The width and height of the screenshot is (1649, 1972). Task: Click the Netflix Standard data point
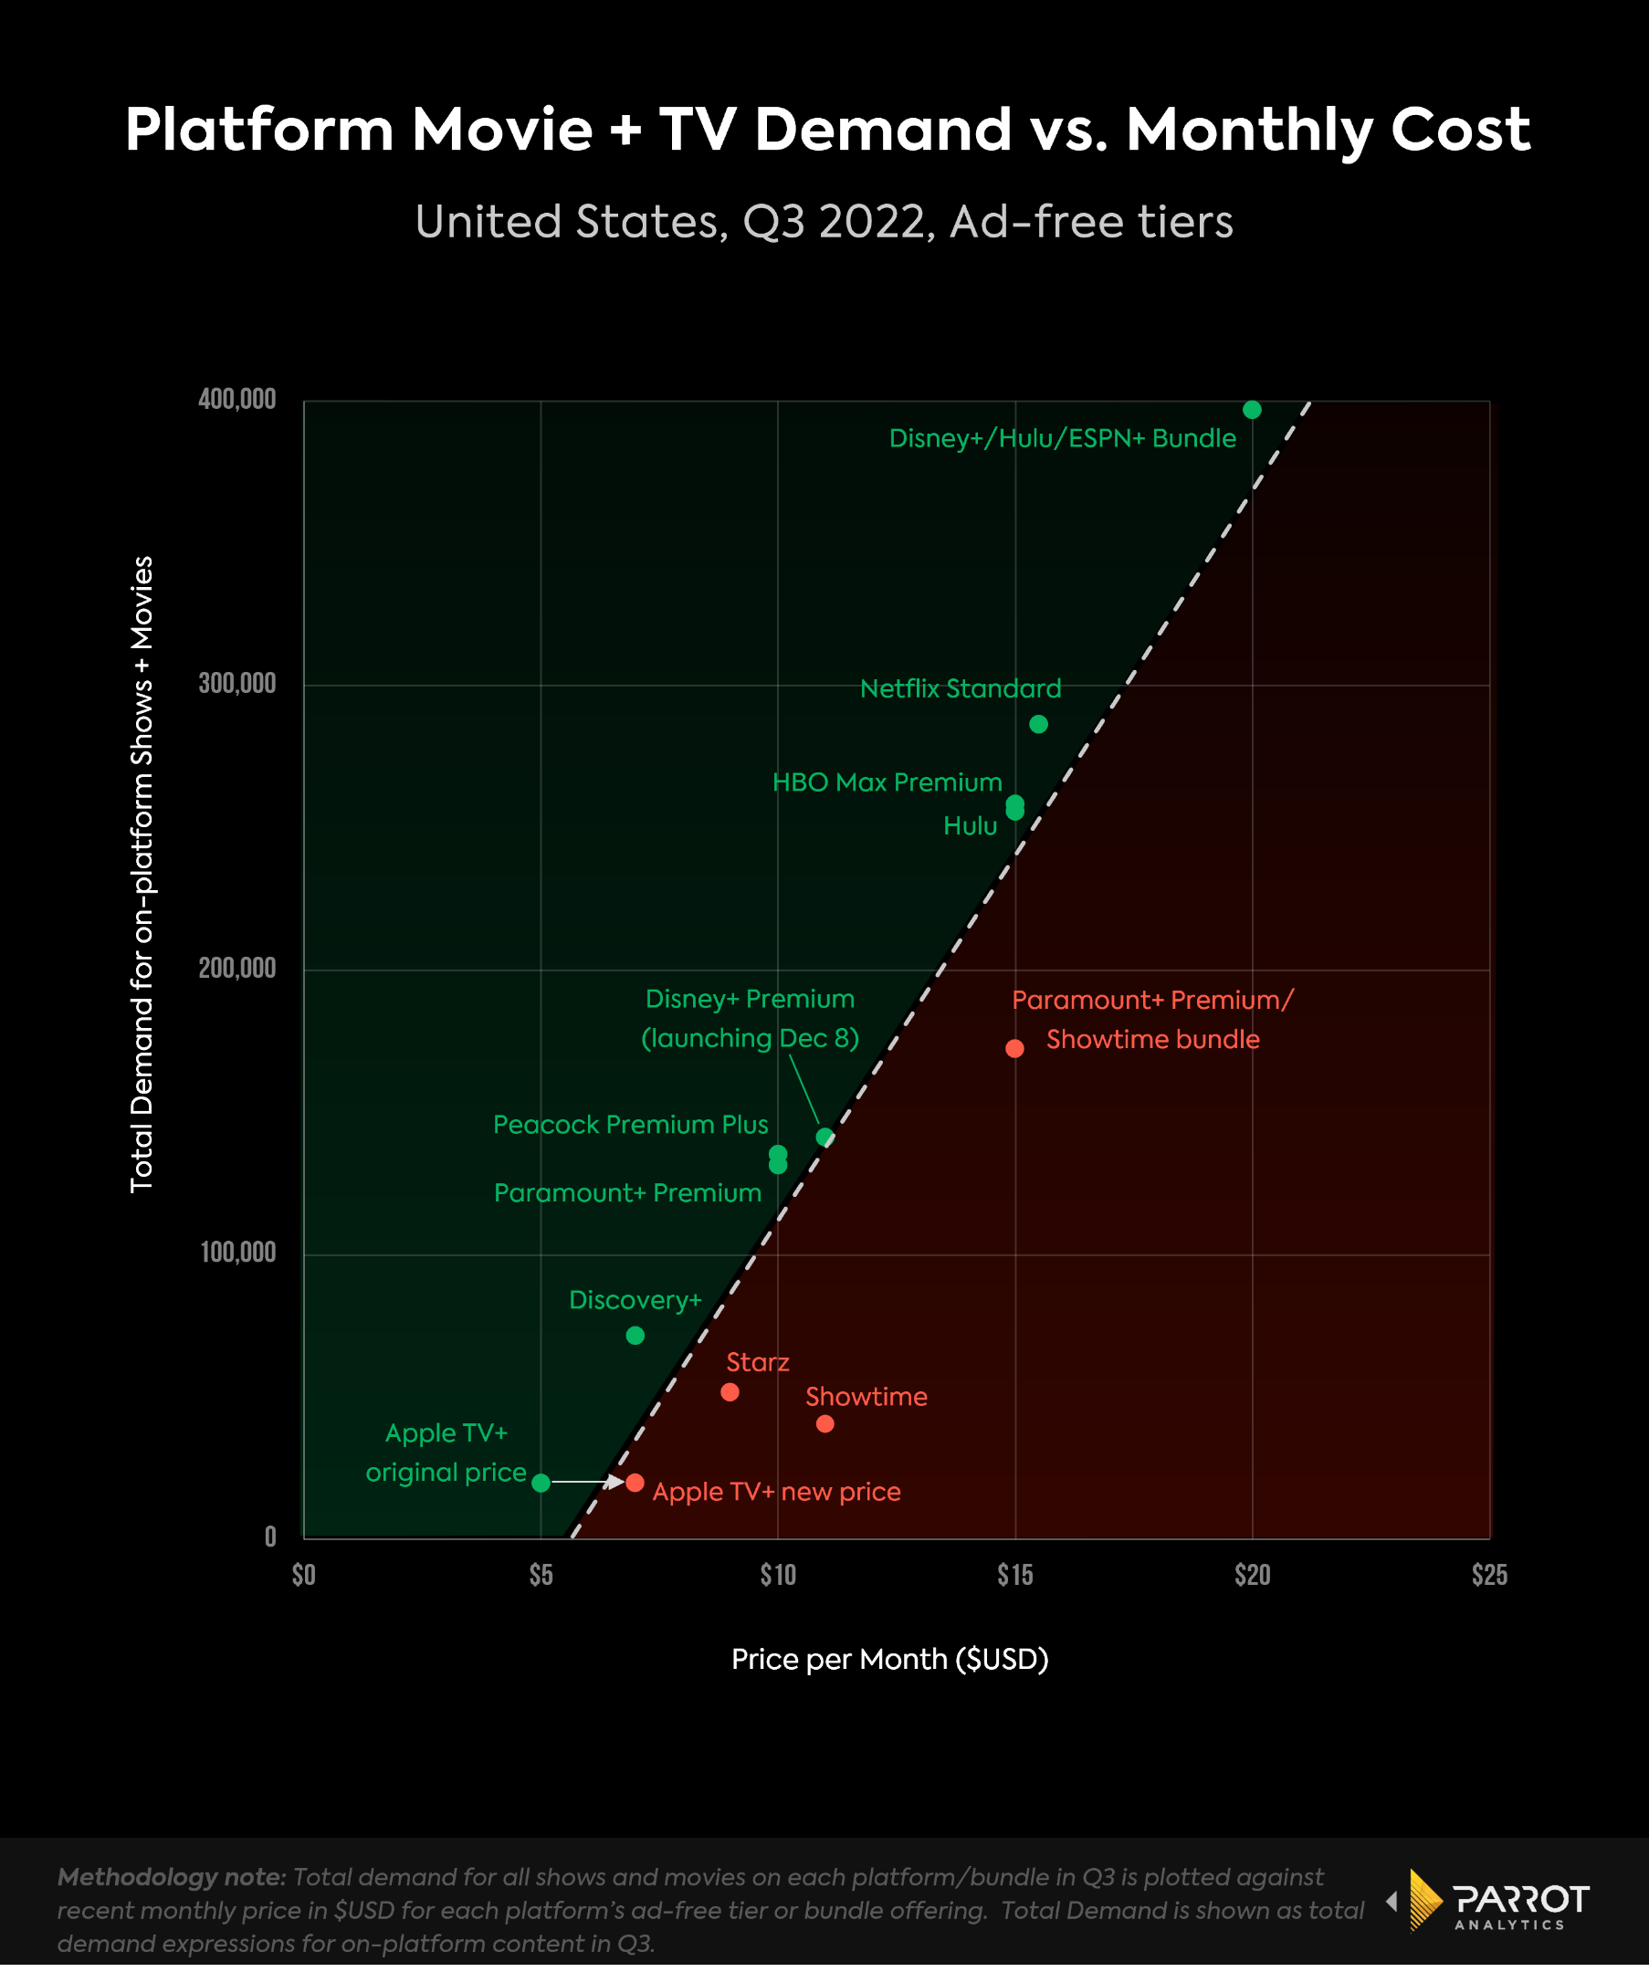pos(1037,724)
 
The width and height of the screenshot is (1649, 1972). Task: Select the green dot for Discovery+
pos(635,1336)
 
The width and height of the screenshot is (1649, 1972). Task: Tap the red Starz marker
pos(730,1391)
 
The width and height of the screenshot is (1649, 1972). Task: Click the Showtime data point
pos(824,1423)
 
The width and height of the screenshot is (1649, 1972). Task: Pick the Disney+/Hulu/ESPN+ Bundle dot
pos(1252,409)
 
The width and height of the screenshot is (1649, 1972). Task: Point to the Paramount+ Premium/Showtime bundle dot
pos(1014,1048)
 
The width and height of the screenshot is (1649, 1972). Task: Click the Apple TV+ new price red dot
pos(635,1482)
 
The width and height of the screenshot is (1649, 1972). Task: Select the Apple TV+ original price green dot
pos(541,1483)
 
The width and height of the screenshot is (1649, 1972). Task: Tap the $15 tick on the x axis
pos(1014,1575)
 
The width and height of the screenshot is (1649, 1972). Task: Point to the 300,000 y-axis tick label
pos(236,683)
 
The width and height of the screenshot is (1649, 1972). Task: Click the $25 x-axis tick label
pos(1488,1575)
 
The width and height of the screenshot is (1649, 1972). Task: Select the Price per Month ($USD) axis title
pos(889,1659)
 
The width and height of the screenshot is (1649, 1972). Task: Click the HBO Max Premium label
pos(887,782)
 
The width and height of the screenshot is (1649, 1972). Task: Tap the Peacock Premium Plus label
pos(630,1124)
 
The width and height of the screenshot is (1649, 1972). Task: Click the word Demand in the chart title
pos(883,129)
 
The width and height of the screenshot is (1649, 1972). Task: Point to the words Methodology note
pos(172,1876)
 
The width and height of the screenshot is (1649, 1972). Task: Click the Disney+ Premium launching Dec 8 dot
pos(824,1138)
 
